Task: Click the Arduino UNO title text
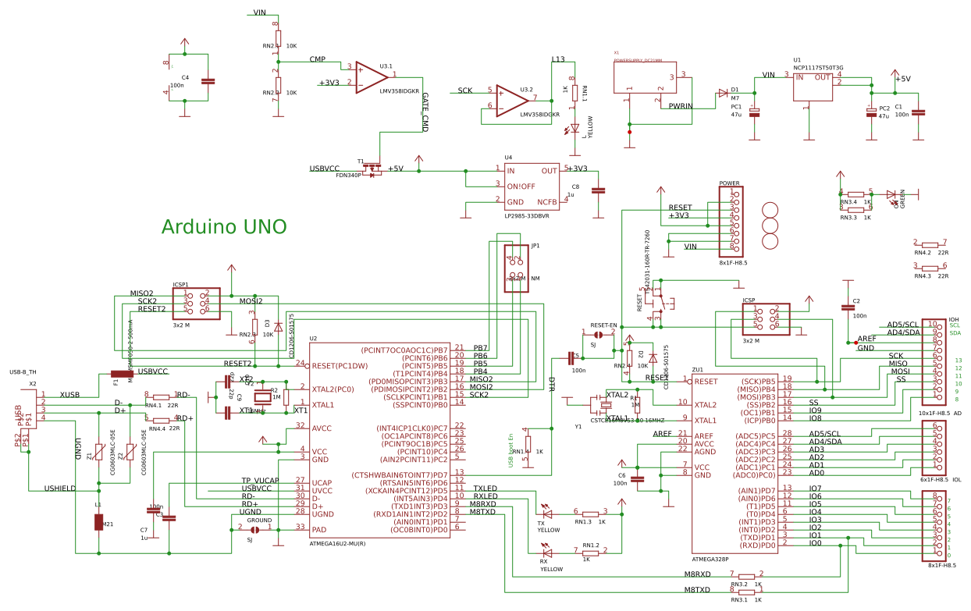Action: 223,227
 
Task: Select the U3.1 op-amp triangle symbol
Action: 371,77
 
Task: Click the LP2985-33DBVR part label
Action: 527,216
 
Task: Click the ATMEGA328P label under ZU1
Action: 710,559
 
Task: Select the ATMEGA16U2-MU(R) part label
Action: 337,543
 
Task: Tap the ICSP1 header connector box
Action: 196,304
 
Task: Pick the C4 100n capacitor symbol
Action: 207,80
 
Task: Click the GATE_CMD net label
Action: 425,112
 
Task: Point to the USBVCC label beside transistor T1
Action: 324,169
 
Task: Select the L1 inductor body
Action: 98,522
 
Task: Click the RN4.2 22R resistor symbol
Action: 930,244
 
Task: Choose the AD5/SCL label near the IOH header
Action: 902,325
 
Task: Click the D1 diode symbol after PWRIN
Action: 723,93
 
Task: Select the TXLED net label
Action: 485,488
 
